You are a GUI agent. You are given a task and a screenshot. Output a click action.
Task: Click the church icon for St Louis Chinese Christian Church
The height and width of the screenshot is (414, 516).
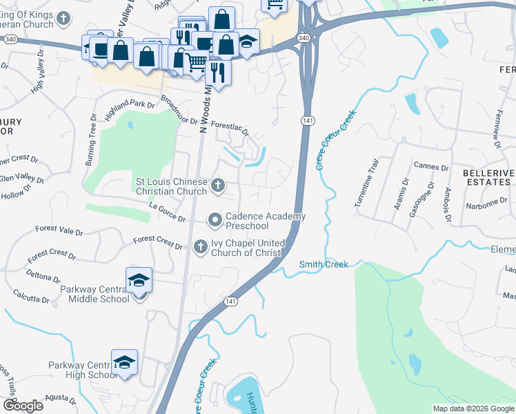point(218,184)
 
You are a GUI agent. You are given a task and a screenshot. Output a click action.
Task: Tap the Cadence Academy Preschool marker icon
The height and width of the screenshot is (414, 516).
point(215,219)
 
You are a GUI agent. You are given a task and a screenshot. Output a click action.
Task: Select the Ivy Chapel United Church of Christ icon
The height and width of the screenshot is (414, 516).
point(200,246)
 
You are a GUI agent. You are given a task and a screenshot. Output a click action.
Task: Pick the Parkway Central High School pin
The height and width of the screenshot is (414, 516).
point(124,362)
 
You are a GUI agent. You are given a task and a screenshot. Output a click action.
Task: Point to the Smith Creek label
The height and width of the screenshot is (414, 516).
point(324,264)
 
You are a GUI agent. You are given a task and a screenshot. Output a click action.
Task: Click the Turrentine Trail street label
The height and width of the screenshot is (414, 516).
point(366,184)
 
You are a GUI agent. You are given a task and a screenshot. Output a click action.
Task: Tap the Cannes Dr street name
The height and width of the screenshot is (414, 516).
point(432,166)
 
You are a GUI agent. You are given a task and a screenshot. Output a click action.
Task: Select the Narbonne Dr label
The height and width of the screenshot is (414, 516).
point(486,203)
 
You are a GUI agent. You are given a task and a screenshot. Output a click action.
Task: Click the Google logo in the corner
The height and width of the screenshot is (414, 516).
point(23,405)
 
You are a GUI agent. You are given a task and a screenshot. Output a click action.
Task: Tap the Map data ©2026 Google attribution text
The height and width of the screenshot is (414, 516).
point(473,408)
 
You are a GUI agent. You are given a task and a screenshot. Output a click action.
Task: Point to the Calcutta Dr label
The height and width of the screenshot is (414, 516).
point(31,296)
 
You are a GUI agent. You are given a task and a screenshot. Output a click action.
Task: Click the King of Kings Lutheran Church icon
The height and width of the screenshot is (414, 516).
point(63,19)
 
